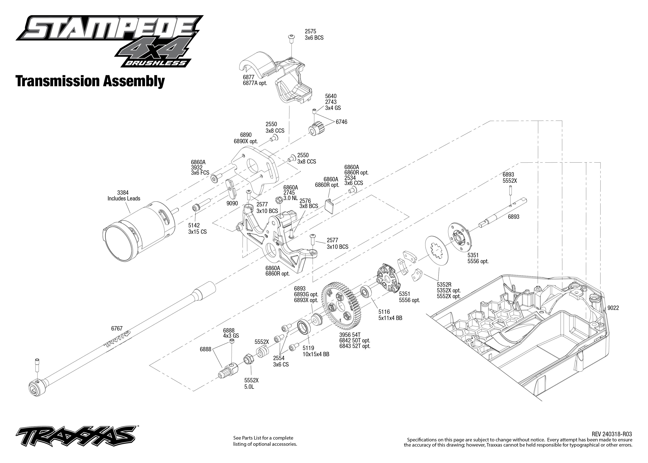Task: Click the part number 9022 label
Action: pyautogui.click(x=613, y=308)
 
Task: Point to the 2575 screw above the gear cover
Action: pyautogui.click(x=291, y=38)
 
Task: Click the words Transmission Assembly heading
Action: pyautogui.click(x=90, y=81)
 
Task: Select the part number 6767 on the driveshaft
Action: pyautogui.click(x=117, y=328)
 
